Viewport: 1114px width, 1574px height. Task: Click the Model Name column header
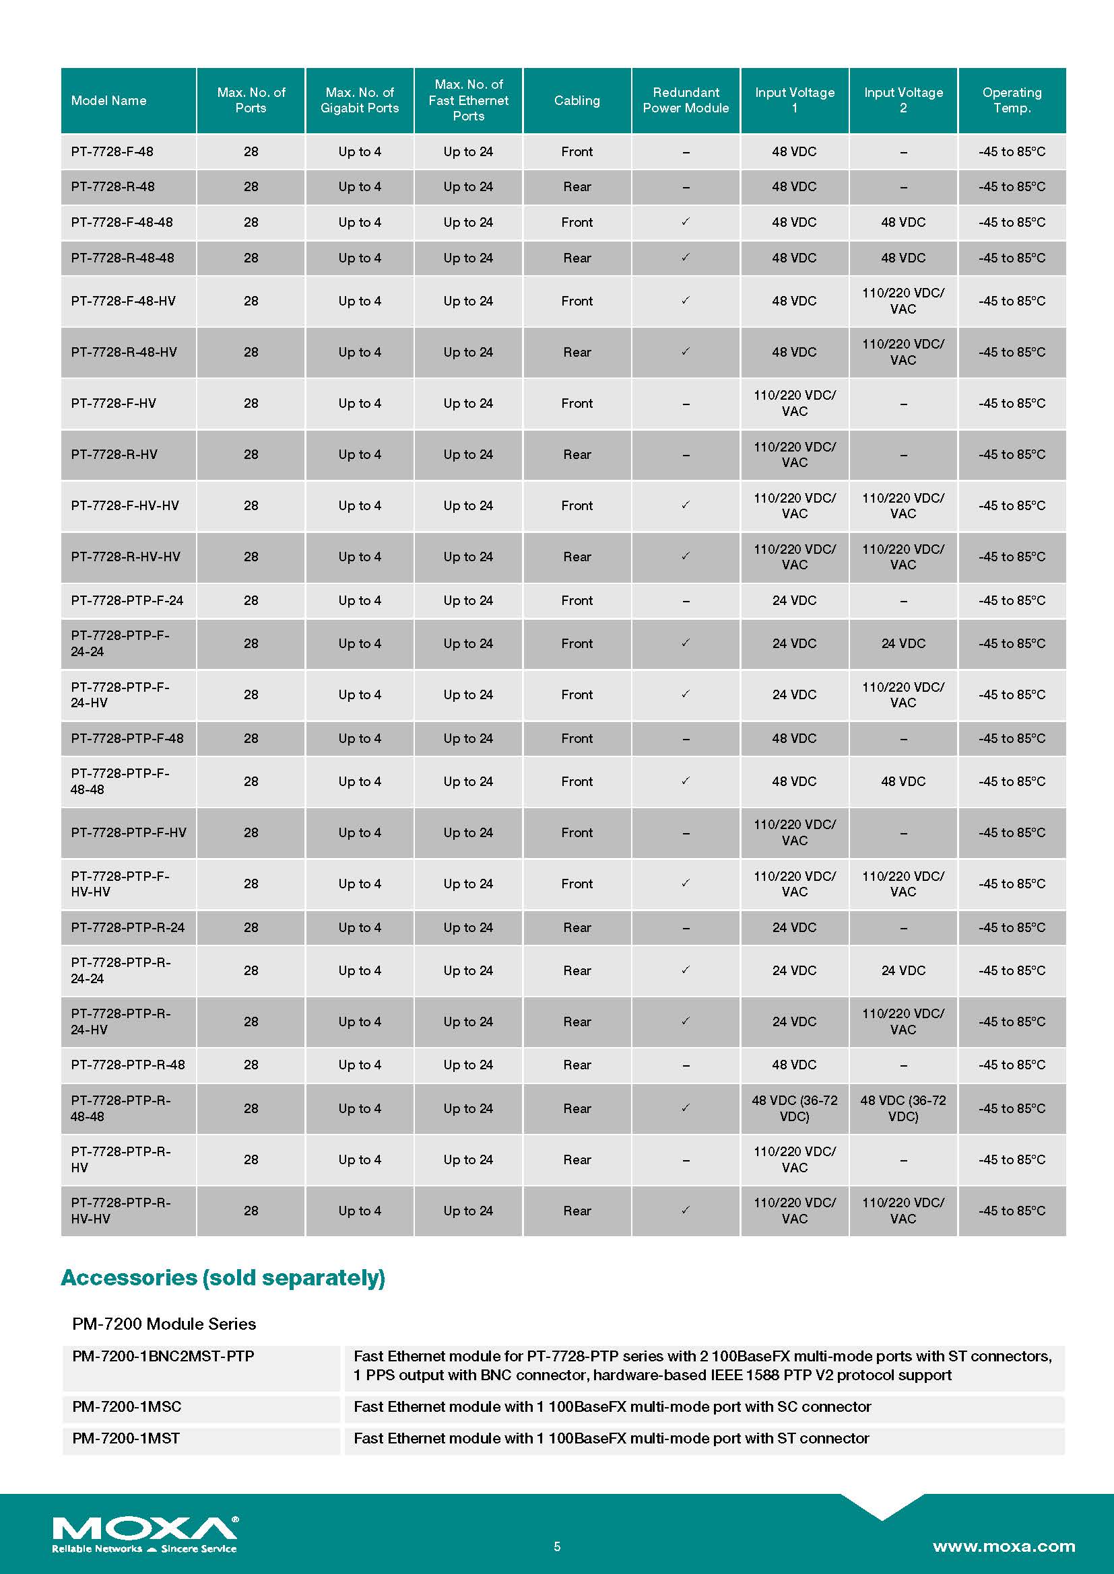(x=108, y=100)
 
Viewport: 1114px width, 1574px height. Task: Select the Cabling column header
(x=577, y=100)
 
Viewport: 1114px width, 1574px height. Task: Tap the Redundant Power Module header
(x=685, y=100)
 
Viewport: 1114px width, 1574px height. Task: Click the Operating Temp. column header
(x=1011, y=100)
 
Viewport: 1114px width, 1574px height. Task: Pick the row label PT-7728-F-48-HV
(x=123, y=301)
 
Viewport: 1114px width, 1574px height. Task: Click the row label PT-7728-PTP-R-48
(x=127, y=1065)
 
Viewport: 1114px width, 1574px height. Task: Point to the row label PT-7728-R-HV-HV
(x=125, y=557)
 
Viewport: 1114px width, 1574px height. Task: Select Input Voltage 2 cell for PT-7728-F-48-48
(x=903, y=222)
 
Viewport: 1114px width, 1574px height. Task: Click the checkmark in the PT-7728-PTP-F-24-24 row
(x=685, y=643)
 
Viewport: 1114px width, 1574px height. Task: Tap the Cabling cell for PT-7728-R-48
(x=577, y=186)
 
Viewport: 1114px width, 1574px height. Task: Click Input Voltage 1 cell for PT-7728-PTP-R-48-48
(x=794, y=1108)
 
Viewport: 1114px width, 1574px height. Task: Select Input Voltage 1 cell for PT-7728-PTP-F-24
(x=794, y=600)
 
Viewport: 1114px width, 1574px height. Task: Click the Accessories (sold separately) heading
(x=223, y=1278)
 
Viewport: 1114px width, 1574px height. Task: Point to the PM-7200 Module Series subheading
(x=164, y=1324)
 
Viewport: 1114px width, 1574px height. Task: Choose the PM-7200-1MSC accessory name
(x=127, y=1406)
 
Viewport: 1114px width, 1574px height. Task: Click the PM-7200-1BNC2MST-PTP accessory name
(x=163, y=1357)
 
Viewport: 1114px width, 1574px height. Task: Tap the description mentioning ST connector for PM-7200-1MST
(x=610, y=1438)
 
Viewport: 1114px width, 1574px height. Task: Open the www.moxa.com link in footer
(x=1004, y=1546)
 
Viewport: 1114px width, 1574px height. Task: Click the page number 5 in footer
(x=557, y=1546)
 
